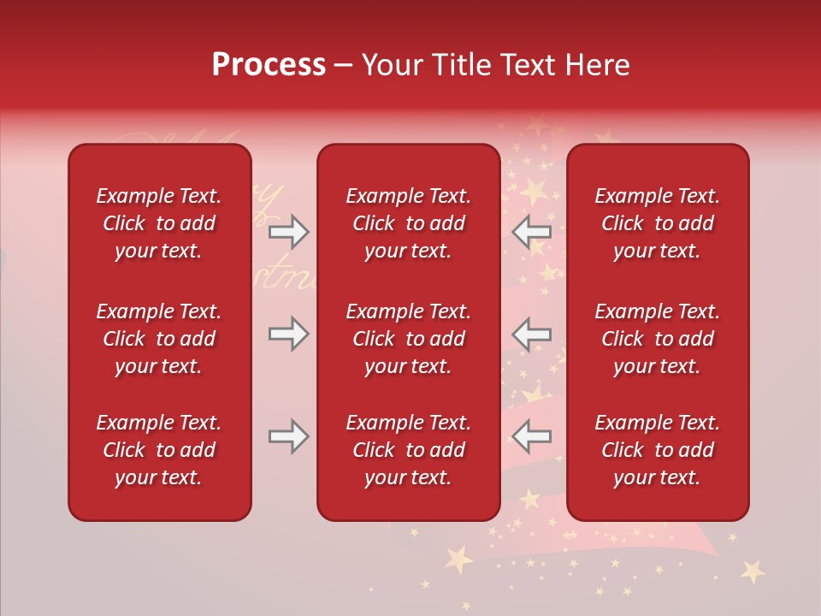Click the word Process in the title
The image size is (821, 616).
click(269, 65)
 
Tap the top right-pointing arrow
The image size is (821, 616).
click(288, 231)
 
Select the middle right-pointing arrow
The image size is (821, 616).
click(288, 334)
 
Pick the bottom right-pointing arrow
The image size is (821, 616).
click(288, 436)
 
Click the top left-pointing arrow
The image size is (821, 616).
click(532, 231)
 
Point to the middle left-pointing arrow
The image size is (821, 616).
click(532, 334)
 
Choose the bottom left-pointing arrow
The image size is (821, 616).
click(532, 436)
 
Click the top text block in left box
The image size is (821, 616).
click(159, 223)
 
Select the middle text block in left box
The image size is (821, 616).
click(159, 339)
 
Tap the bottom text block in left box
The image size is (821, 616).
click(159, 450)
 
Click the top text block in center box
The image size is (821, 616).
click(408, 223)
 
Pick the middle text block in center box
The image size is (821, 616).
click(408, 339)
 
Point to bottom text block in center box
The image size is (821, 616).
click(408, 450)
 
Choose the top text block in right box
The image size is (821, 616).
click(657, 223)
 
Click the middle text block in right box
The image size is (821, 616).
click(657, 339)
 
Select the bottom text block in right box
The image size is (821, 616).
click(657, 450)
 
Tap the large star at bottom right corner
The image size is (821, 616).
click(753, 571)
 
